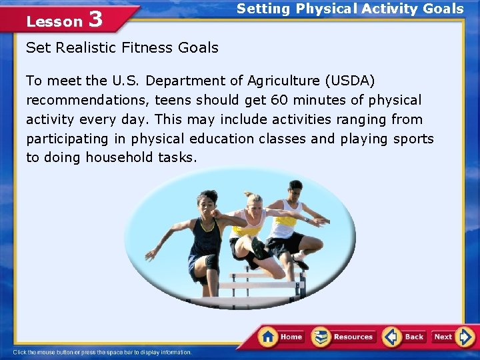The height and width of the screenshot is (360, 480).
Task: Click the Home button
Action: [281, 337]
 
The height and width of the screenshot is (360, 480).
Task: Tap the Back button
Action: [405, 337]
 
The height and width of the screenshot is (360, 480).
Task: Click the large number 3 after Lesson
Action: [95, 19]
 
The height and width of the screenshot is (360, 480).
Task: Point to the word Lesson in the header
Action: [53, 21]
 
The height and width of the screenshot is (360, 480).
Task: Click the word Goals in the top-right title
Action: [439, 9]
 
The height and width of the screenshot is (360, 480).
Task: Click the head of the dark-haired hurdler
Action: [206, 199]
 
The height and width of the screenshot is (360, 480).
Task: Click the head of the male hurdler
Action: [295, 187]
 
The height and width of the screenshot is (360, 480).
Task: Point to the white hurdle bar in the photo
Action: [260, 285]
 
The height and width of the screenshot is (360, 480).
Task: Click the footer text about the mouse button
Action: [102, 352]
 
